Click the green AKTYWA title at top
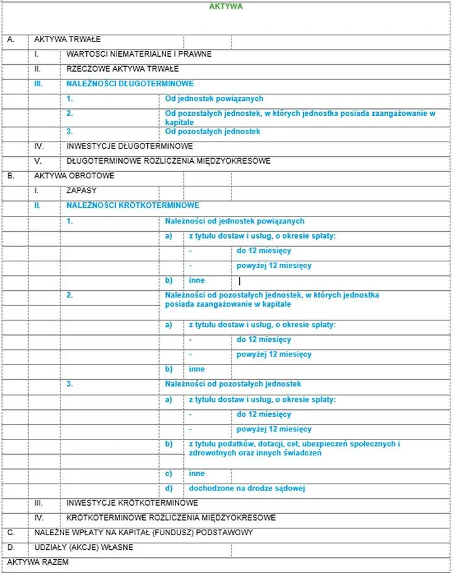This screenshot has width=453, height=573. [225, 6]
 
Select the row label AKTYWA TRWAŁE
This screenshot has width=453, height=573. [67, 39]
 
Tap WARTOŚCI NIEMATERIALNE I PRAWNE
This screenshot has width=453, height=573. [139, 54]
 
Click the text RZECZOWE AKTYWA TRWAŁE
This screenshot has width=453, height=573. [123, 69]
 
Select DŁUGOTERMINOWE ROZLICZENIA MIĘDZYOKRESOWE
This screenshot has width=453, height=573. [169, 161]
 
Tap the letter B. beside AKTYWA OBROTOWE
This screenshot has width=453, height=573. [11, 176]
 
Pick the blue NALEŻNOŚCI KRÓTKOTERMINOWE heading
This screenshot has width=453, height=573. [133, 205]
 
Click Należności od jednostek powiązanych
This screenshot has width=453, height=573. [235, 221]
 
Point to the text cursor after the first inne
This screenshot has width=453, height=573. [240, 281]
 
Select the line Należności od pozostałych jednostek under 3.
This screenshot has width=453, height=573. [233, 384]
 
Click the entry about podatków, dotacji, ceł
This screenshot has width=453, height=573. [294, 448]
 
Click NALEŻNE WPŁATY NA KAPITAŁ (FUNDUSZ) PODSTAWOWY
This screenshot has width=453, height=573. [143, 533]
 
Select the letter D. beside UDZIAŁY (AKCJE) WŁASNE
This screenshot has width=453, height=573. [11, 548]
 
